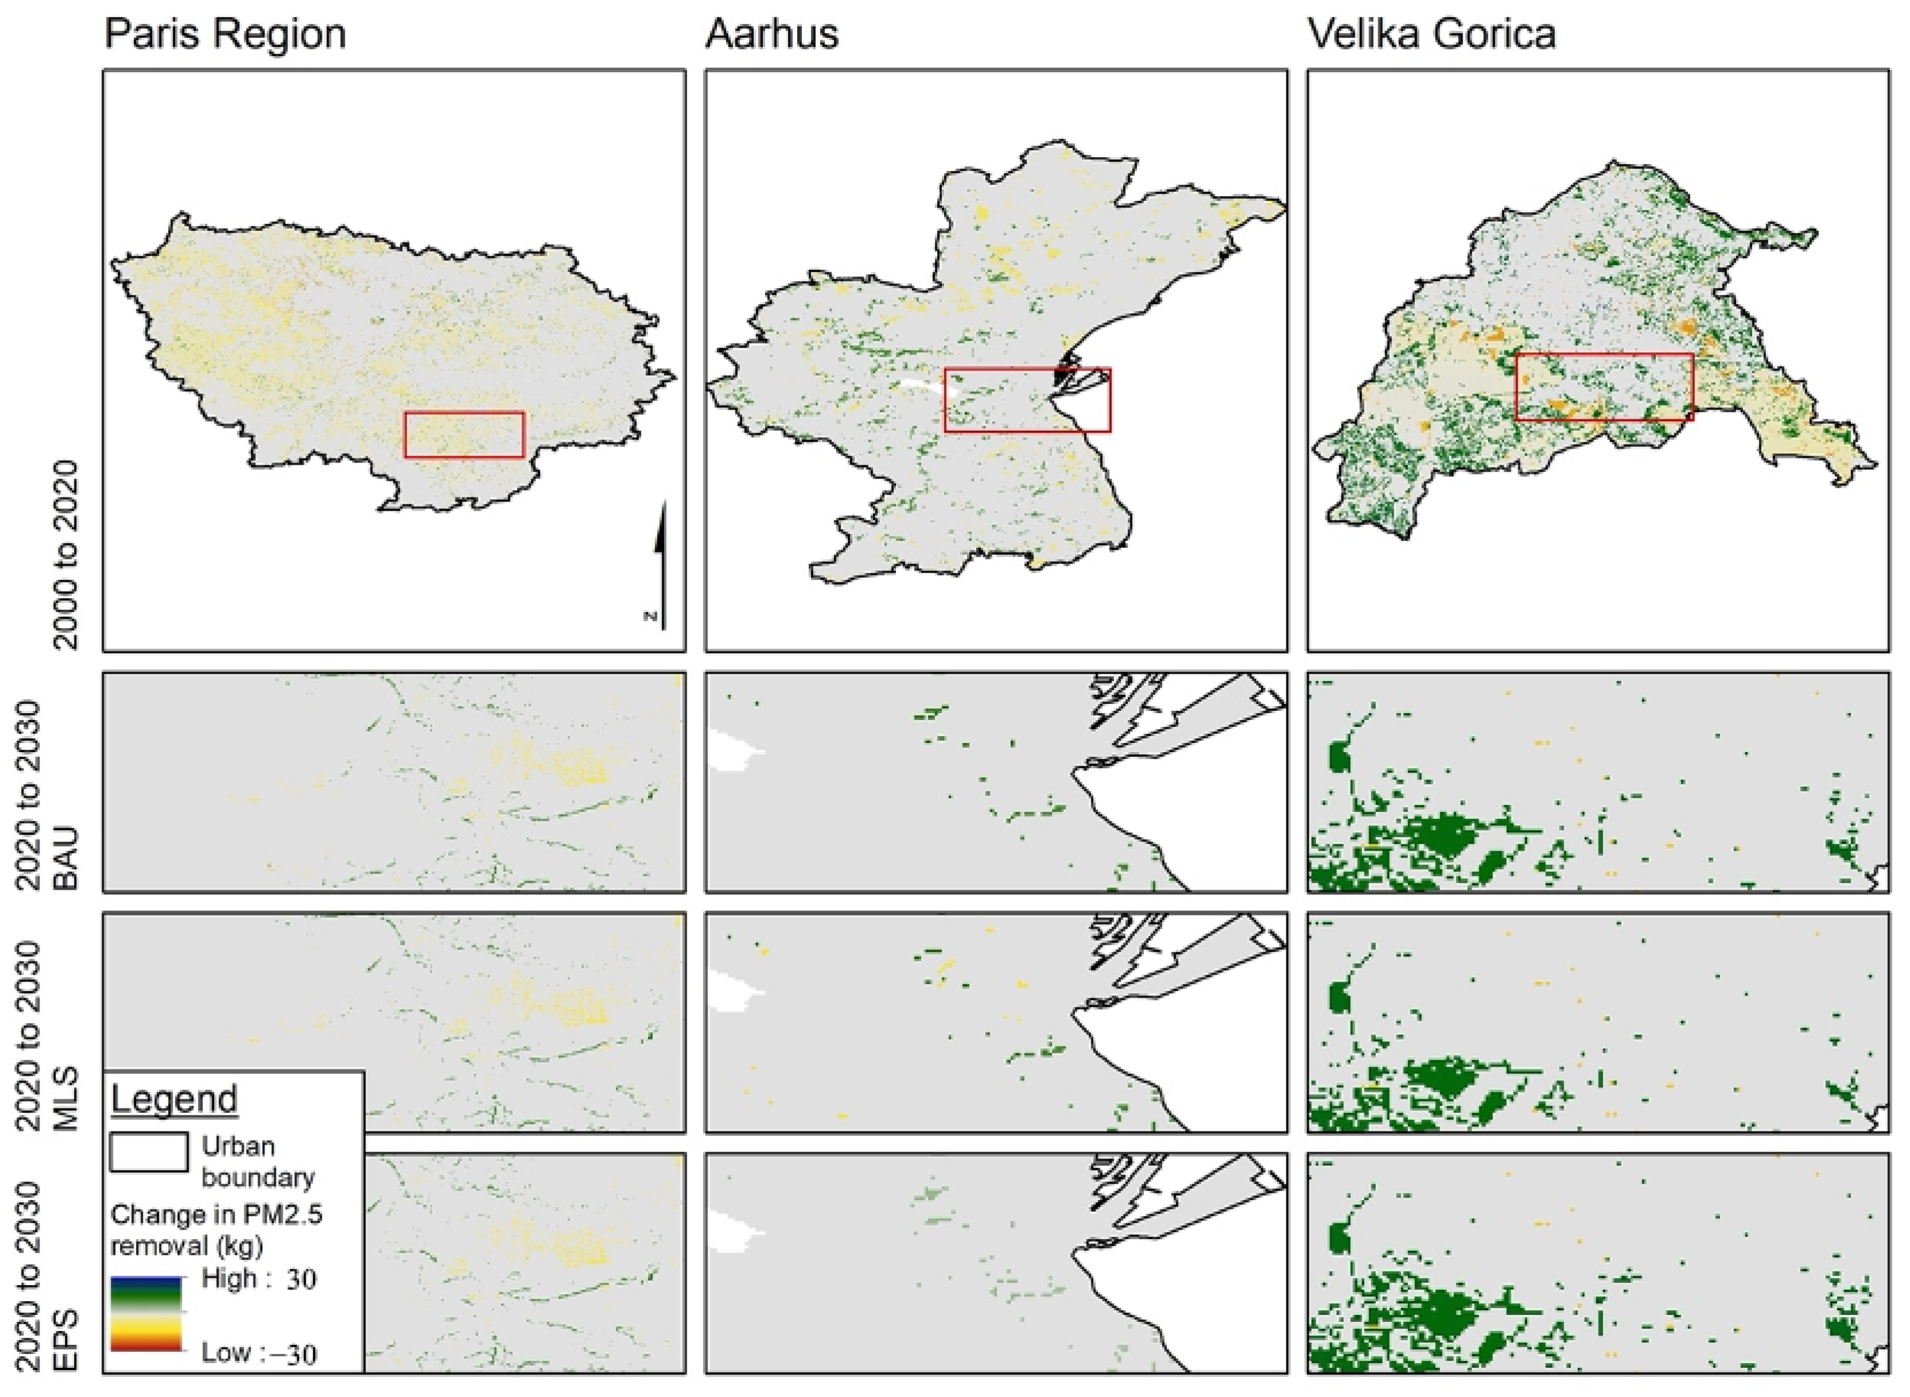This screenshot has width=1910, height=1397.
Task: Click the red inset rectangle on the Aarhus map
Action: [x=1027, y=369]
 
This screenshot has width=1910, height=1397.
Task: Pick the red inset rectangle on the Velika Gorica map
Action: [x=1604, y=355]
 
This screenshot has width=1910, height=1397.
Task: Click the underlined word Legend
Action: [x=174, y=1099]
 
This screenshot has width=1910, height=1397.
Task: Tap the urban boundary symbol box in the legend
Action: [x=149, y=1152]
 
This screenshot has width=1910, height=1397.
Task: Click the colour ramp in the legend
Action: [x=146, y=1313]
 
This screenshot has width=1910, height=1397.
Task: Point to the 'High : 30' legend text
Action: [x=259, y=1279]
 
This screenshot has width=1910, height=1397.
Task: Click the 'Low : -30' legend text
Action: [x=259, y=1353]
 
